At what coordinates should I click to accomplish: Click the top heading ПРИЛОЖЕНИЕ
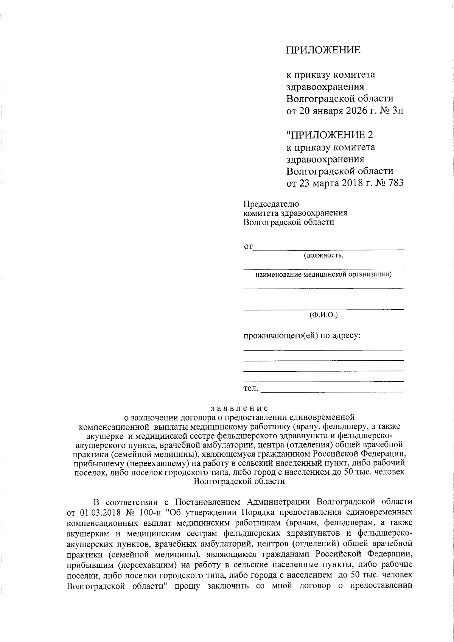[x=323, y=50]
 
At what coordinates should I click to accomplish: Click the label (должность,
[x=323, y=256]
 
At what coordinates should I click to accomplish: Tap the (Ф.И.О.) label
[x=323, y=315]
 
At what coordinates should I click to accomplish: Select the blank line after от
[x=328, y=248]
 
